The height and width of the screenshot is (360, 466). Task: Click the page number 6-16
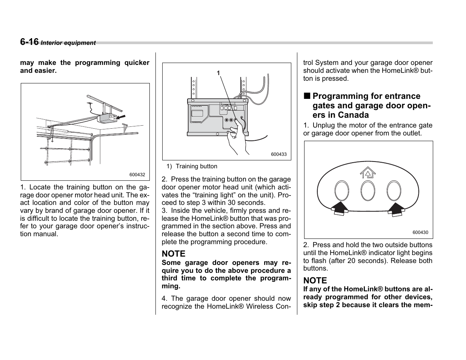(29, 42)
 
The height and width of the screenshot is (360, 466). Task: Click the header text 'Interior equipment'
(68, 43)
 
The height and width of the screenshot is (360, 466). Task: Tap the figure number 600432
(137, 175)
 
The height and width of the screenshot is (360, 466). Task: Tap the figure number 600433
(279, 154)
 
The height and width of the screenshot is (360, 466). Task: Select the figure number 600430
(420, 232)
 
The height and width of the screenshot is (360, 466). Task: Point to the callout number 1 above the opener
(218, 73)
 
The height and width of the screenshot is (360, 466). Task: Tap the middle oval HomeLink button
(368, 191)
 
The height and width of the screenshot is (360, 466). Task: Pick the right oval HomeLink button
(394, 190)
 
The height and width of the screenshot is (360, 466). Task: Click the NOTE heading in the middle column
(174, 254)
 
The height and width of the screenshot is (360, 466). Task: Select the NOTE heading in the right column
(315, 280)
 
